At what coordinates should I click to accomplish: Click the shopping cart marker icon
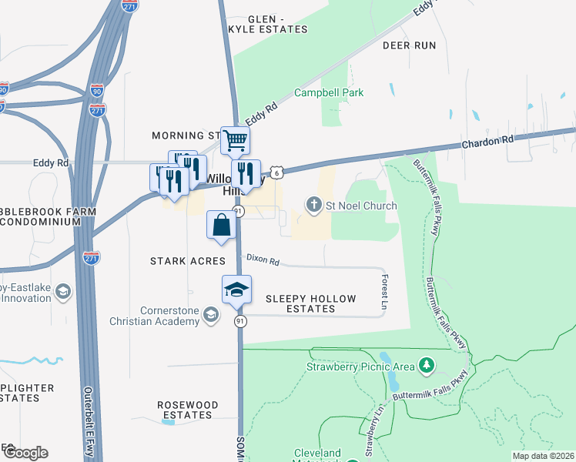[236, 141]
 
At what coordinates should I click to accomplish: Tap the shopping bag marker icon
[221, 226]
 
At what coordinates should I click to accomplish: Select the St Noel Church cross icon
[313, 206]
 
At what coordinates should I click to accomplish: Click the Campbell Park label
[329, 92]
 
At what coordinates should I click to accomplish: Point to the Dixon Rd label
[262, 260]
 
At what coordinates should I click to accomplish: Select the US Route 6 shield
[277, 171]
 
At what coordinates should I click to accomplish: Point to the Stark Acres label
[188, 261]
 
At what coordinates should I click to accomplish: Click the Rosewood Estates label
[188, 410]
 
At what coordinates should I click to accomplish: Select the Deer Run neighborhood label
[410, 45]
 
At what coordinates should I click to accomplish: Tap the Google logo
[25, 453]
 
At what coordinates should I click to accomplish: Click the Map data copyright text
[543, 456]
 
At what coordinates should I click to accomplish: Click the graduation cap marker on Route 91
[236, 290]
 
